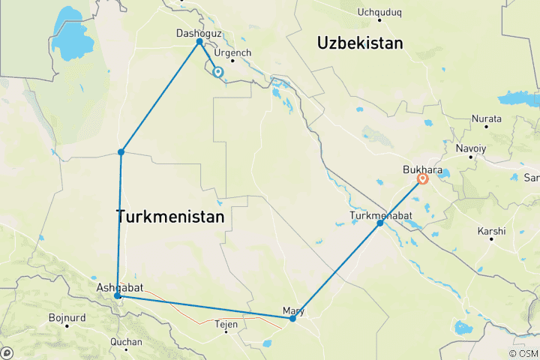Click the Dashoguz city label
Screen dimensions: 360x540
tap(196, 33)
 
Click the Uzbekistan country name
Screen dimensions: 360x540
tap(360, 43)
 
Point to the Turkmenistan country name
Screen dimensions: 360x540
tap(171, 217)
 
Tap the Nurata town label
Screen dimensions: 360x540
tap(486, 119)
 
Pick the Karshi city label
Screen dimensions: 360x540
tap(491, 231)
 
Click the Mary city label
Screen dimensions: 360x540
tap(293, 310)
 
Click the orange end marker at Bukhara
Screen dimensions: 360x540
tap(423, 178)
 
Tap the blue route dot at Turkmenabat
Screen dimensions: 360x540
tap(380, 223)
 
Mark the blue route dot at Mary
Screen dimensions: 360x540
tap(292, 319)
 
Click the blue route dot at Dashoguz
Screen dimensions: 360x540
tap(199, 41)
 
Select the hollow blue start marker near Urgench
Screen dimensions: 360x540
tap(217, 72)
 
